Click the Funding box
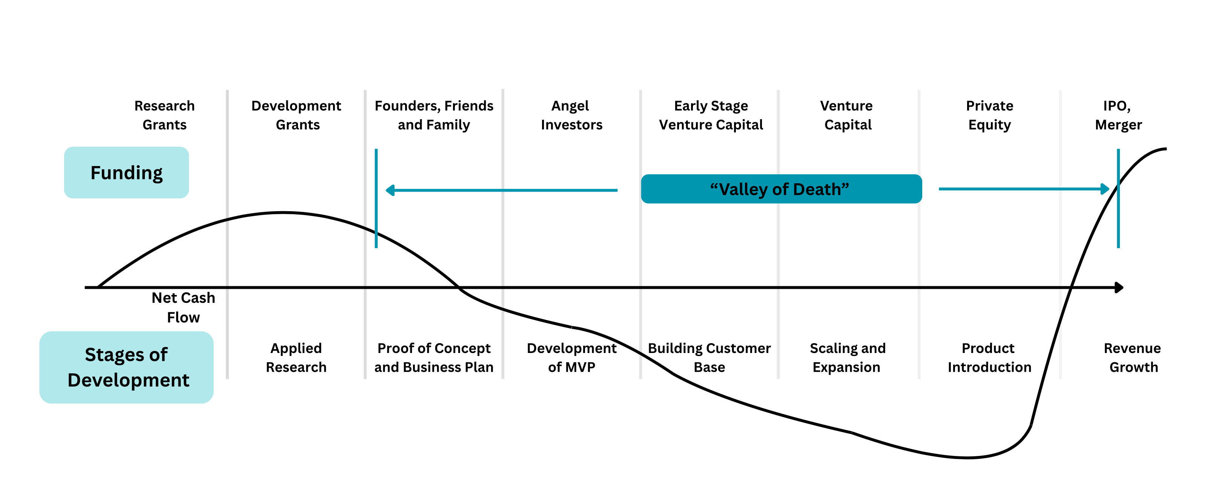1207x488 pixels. (x=126, y=172)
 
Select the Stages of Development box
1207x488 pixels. (x=126, y=367)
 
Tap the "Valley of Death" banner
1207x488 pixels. (x=781, y=189)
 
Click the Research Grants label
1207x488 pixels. (x=164, y=115)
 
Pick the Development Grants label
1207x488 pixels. (x=296, y=115)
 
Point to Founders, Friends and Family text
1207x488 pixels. (x=434, y=115)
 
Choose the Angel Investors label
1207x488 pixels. (x=571, y=115)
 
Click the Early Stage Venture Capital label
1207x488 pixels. (x=711, y=115)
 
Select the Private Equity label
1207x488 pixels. (x=990, y=115)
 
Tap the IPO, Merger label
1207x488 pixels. (x=1118, y=115)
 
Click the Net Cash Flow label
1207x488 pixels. (x=183, y=307)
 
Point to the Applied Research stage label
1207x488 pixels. (x=296, y=358)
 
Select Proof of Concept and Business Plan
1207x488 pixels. (x=434, y=358)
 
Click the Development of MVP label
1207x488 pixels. (x=572, y=358)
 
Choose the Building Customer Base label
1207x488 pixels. (x=709, y=358)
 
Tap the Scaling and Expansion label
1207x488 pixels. (x=847, y=358)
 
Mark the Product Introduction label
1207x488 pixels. (x=989, y=358)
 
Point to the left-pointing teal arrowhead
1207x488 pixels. (x=390, y=190)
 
